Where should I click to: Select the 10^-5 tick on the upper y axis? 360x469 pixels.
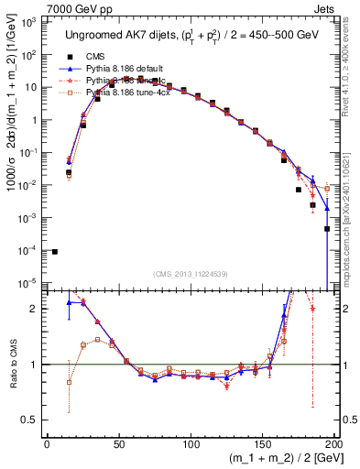coord(32,283)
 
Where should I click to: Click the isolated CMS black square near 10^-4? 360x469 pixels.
coord(55,251)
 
